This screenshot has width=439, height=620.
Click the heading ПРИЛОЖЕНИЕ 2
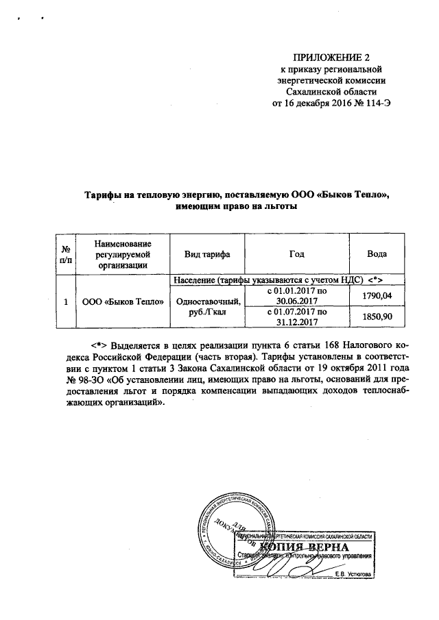(331, 57)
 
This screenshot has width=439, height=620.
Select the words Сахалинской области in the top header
(331, 92)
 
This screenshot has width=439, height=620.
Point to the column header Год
(296, 254)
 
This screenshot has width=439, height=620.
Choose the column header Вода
(377, 254)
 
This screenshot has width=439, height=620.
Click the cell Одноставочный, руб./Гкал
(207, 306)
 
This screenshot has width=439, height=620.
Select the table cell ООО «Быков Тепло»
(122, 301)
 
